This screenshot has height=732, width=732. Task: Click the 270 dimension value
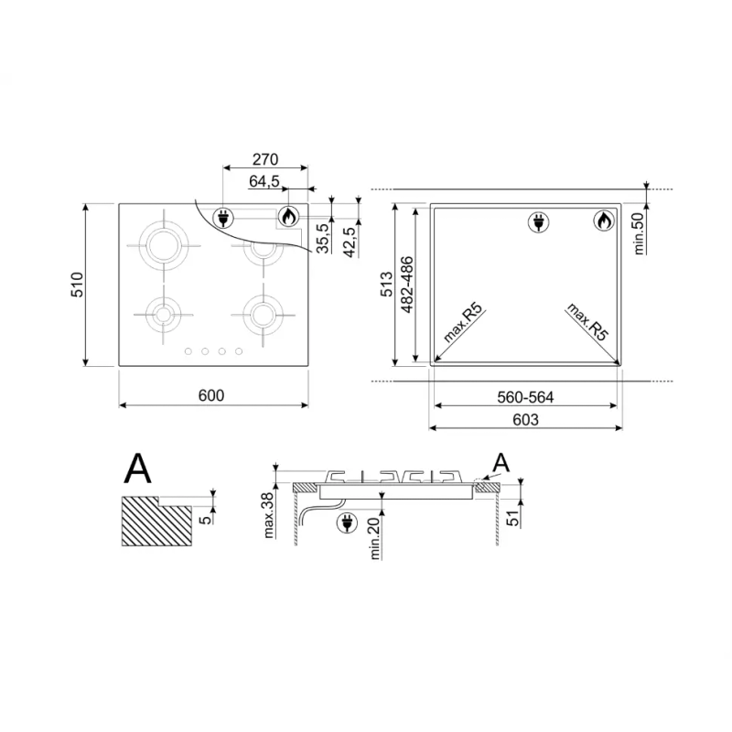point(265,159)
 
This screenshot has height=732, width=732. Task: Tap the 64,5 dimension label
point(264,181)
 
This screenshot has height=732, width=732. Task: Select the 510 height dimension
point(77,285)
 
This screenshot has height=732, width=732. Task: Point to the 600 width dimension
point(211,395)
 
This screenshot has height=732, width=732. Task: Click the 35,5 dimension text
point(323,238)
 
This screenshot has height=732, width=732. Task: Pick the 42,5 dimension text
point(350,242)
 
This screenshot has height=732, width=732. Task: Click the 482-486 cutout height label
point(406,285)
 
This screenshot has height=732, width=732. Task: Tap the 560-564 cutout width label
point(525,397)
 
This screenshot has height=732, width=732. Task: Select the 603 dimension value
point(525,420)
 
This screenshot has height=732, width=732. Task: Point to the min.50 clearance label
point(639,233)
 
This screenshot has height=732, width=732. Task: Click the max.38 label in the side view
point(268,515)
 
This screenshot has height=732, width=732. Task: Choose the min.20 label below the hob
point(375,539)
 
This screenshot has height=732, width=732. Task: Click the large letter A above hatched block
point(138,468)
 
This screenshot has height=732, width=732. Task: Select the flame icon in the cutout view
point(604,221)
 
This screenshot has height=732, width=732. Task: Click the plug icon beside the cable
point(347,522)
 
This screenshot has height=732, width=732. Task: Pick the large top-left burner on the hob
point(164,245)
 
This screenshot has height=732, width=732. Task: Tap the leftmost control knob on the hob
point(188,351)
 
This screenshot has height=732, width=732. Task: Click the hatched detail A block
point(156,521)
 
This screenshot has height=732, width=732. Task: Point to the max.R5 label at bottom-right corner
point(587,322)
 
